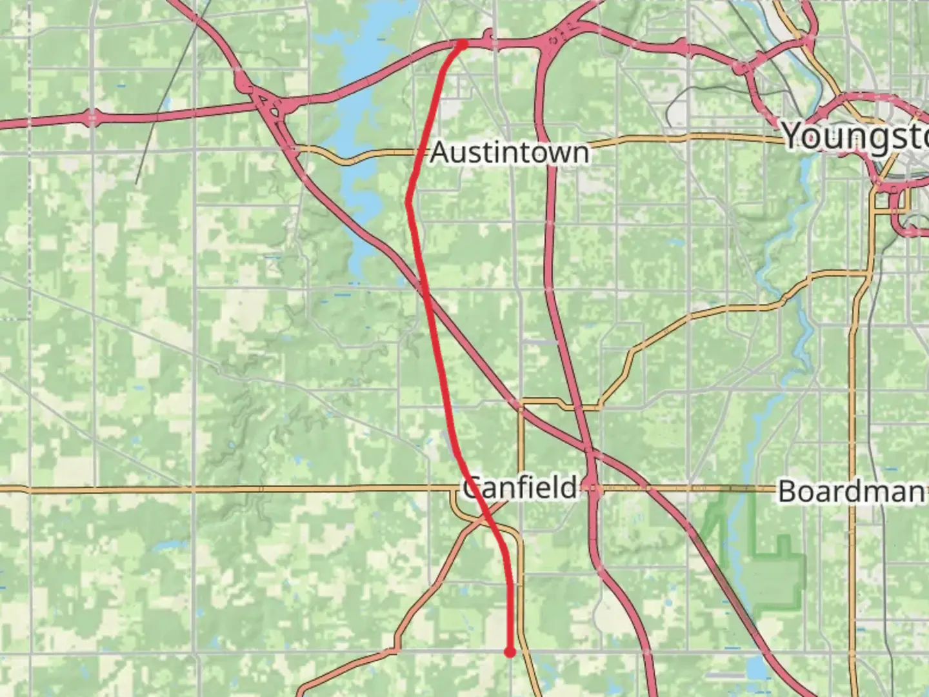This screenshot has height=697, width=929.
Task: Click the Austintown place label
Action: pyautogui.click(x=510, y=153)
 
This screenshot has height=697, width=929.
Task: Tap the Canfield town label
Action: pyautogui.click(x=520, y=487)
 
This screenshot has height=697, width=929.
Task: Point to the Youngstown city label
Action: pyautogui.click(x=855, y=136)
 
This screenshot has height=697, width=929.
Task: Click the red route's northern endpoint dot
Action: pyautogui.click(x=462, y=44)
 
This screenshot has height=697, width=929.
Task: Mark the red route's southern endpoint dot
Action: pyautogui.click(x=510, y=652)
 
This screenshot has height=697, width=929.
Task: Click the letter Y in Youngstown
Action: pyautogui.click(x=795, y=135)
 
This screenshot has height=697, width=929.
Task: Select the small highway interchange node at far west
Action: pyautogui.click(x=92, y=117)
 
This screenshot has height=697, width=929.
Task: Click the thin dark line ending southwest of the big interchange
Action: pyautogui.click(x=136, y=183)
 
